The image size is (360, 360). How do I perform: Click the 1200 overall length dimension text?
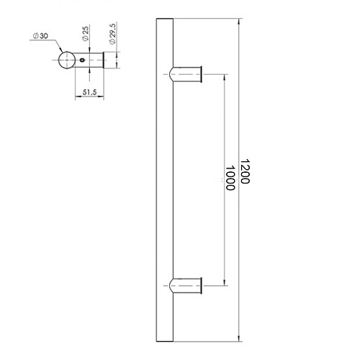click(x=245, y=171)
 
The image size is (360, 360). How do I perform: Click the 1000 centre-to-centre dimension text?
click(x=230, y=178)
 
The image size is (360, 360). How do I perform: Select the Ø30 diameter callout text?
click(x=40, y=36)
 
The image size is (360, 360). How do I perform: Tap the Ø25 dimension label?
click(x=86, y=34)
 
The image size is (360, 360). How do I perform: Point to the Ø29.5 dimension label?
click(x=112, y=33)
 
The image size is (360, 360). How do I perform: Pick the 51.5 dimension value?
click(x=89, y=92)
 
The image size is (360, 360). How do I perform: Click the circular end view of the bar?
click(x=67, y=60)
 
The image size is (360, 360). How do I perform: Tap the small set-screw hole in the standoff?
click(x=82, y=60)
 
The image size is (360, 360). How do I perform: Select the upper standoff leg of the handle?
click(x=185, y=74)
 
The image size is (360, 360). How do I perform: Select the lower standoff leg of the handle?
click(x=185, y=286)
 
